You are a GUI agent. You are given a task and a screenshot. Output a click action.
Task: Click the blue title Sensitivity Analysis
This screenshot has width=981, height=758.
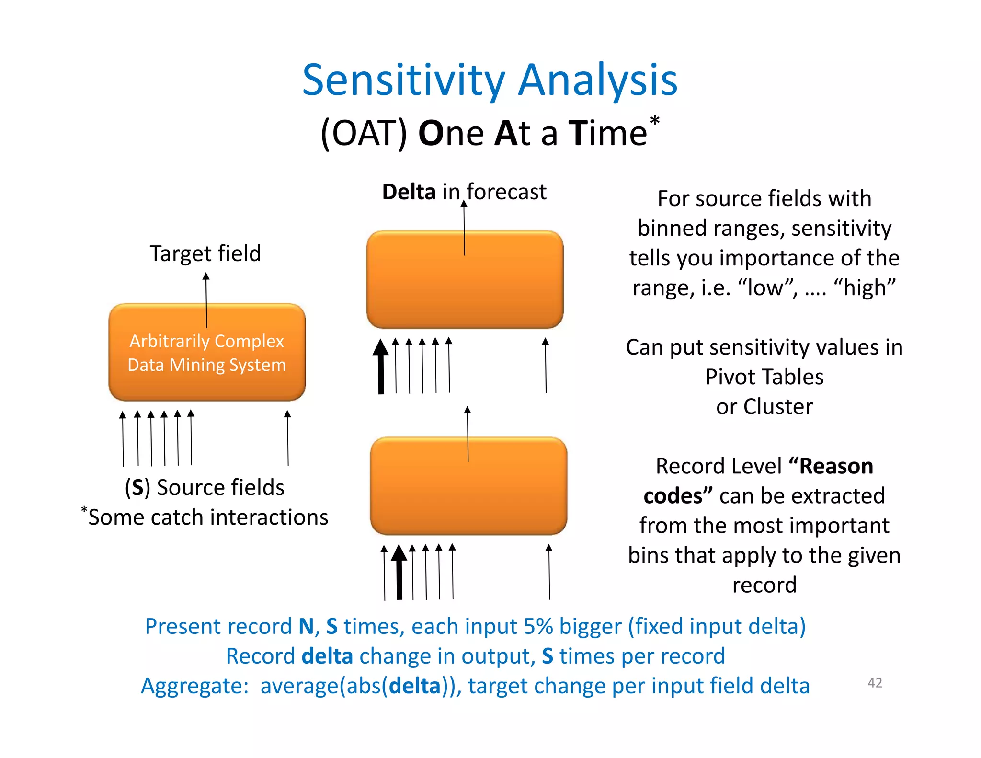tap(490, 80)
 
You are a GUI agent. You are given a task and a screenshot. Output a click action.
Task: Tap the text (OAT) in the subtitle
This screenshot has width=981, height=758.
tap(364, 133)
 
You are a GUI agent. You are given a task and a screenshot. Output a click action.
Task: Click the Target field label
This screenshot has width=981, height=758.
tap(205, 253)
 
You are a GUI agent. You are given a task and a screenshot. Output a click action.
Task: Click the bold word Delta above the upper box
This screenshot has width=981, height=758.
tap(409, 192)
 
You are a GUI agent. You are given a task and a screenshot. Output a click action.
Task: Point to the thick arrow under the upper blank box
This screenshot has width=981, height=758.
tap(381, 367)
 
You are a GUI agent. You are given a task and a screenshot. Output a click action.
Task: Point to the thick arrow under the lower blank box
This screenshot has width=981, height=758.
tap(399, 572)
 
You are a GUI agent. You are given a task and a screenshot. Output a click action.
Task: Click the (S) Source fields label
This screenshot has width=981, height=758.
tap(205, 487)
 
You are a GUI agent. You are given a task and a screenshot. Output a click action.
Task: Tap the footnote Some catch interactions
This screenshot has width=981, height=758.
tap(208, 517)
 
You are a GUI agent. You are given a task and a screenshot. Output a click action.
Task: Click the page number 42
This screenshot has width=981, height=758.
tap(875, 683)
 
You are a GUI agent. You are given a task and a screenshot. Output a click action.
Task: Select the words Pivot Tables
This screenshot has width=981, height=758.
tap(764, 377)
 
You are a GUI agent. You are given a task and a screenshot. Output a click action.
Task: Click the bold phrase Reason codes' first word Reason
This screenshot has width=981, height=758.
tap(836, 466)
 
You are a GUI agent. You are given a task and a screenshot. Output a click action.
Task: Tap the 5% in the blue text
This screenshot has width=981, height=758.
tap(538, 627)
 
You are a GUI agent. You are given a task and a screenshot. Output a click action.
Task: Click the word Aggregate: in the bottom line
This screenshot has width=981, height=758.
tap(194, 686)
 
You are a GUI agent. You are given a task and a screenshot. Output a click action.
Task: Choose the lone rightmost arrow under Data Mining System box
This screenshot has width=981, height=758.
tap(287, 437)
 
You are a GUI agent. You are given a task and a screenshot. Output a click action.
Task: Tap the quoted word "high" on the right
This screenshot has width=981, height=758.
tap(864, 288)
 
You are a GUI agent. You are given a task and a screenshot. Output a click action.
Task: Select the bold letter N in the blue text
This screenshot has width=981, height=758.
tap(306, 627)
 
